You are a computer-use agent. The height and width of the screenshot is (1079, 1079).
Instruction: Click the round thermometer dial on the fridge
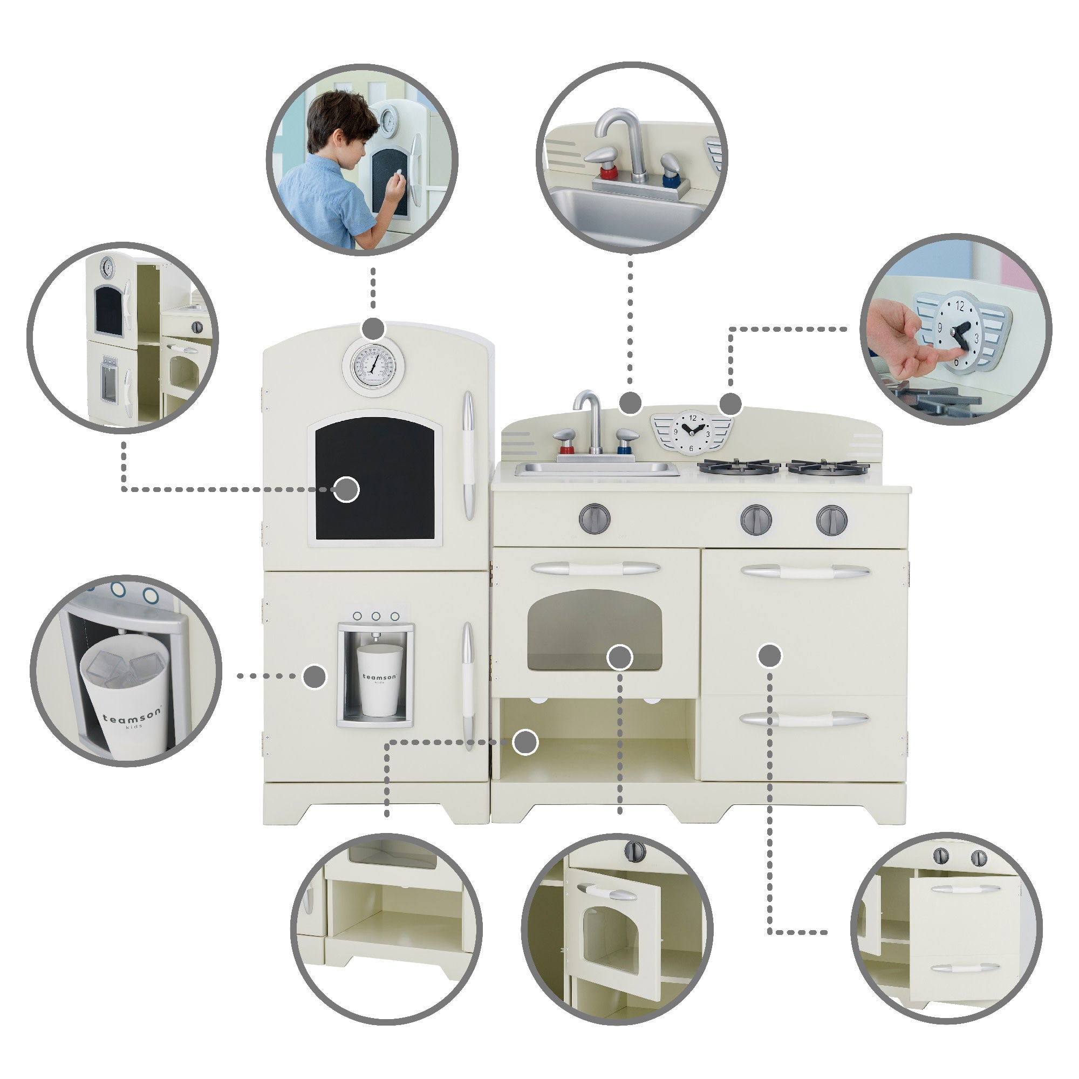(374, 366)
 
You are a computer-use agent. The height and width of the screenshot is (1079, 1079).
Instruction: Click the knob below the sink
(594, 518)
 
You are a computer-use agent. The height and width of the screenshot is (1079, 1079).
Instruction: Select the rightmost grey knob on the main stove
(831, 520)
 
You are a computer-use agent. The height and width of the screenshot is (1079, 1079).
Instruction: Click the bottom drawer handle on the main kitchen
(804, 719)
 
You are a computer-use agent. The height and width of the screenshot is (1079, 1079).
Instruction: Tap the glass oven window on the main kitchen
(594, 630)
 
